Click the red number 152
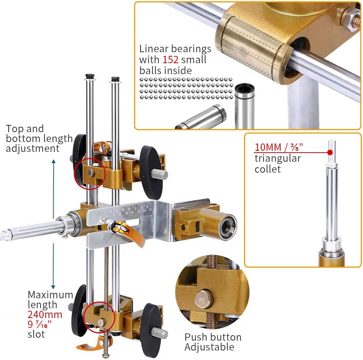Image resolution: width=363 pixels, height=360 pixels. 170,59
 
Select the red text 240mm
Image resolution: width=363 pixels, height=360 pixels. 45,314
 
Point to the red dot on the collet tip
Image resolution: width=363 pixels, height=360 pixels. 330,152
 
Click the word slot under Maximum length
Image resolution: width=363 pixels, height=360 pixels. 36,334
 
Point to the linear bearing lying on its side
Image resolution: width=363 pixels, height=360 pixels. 202,117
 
